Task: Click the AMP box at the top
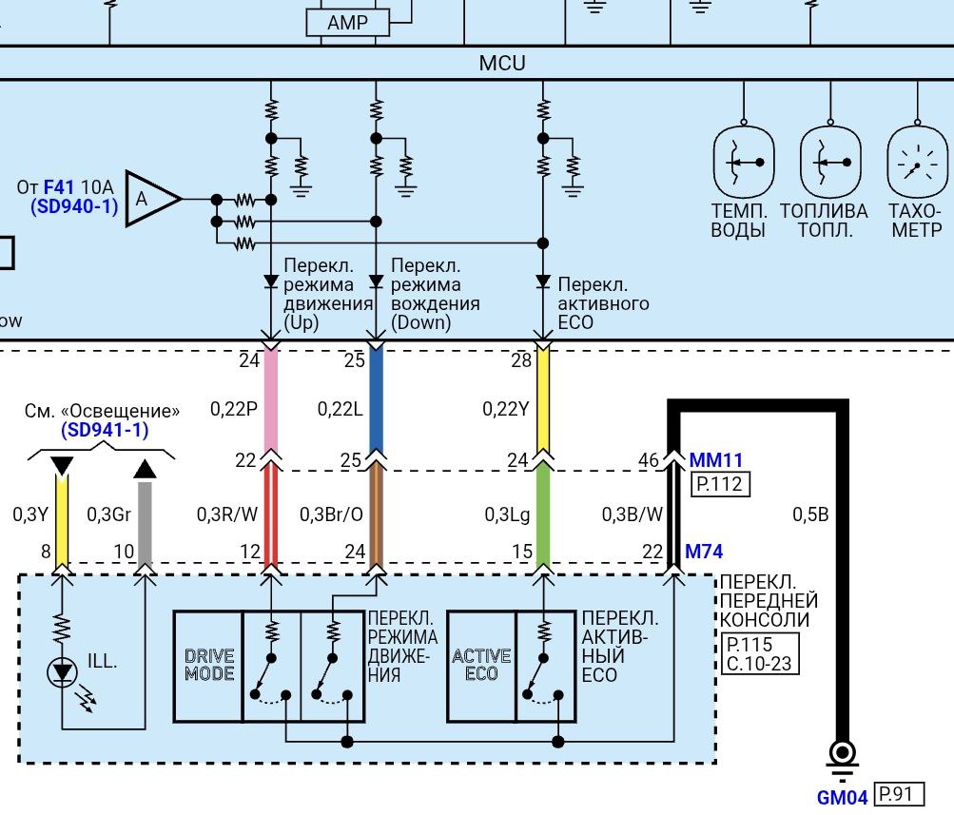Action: point(347,22)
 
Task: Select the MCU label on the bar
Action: point(501,65)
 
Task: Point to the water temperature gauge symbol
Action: point(744,163)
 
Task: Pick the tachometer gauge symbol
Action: point(918,163)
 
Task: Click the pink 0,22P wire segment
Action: point(271,399)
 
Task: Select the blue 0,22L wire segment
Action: point(376,399)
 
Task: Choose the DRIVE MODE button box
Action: point(208,666)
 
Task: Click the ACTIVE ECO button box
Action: point(481,666)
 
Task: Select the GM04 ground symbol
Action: point(842,757)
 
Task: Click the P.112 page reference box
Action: point(720,484)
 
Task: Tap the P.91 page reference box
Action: point(898,795)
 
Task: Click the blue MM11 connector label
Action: point(716,460)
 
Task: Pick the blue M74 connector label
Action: point(704,552)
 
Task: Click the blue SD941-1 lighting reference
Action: point(105,430)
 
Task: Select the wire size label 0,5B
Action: point(810,514)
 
